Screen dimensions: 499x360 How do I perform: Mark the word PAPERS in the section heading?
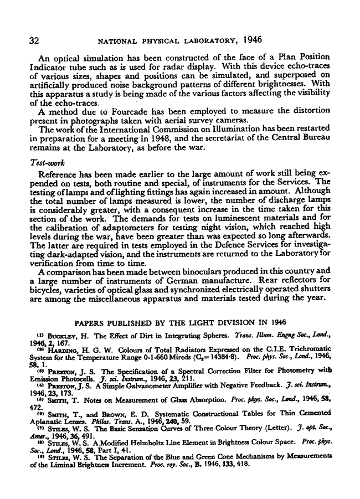pyautogui.click(x=90, y=322)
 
